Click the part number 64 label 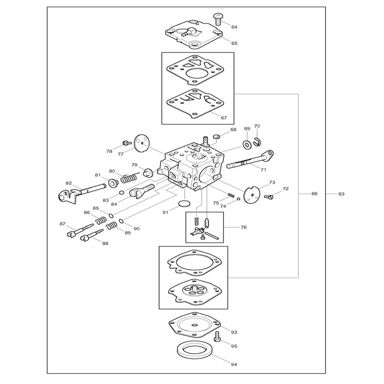pos(234,27)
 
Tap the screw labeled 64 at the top pos(217,18)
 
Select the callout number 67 pos(223,118)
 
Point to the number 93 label pos(234,331)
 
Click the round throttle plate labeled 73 pos(252,194)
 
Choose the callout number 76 pos(243,227)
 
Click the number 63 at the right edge pos(341,194)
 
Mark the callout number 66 pos(314,194)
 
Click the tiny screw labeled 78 pos(125,143)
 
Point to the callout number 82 pos(68,183)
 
